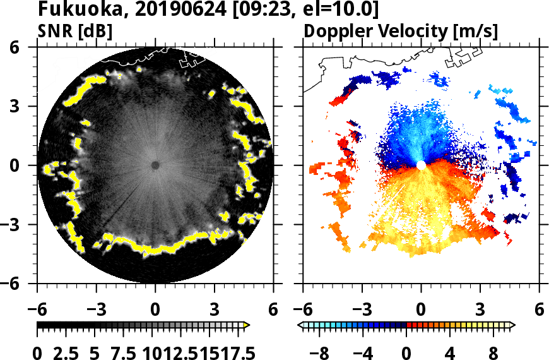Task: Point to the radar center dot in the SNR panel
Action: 155,165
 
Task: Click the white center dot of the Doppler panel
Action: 421,165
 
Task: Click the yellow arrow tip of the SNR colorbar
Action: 247,325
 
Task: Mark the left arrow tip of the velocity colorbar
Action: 300,325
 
